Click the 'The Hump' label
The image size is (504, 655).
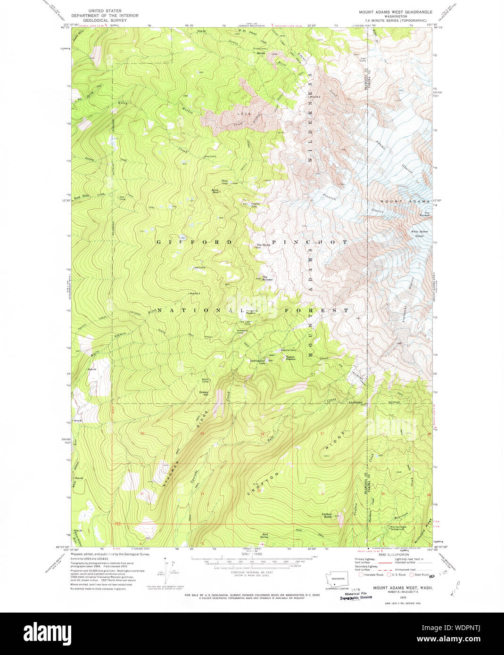[263, 245]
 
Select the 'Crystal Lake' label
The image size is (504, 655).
[255, 205]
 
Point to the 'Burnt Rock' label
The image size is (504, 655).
[215, 191]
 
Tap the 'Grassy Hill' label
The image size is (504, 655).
[204, 393]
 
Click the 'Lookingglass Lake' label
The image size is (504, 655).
[258, 361]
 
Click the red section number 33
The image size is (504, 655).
[258, 491]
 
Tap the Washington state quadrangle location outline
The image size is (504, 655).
[337, 578]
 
